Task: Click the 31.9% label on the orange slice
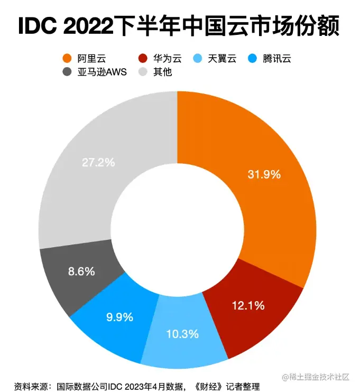click(x=264, y=174)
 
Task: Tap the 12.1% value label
click(x=248, y=305)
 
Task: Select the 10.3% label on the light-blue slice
click(x=182, y=333)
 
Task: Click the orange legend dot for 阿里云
click(x=67, y=59)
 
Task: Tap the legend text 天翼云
click(x=223, y=59)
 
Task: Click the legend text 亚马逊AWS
click(x=105, y=72)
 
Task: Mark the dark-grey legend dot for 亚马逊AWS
click(x=67, y=72)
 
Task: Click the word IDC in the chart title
click(x=40, y=27)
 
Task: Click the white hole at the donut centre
click(x=177, y=229)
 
